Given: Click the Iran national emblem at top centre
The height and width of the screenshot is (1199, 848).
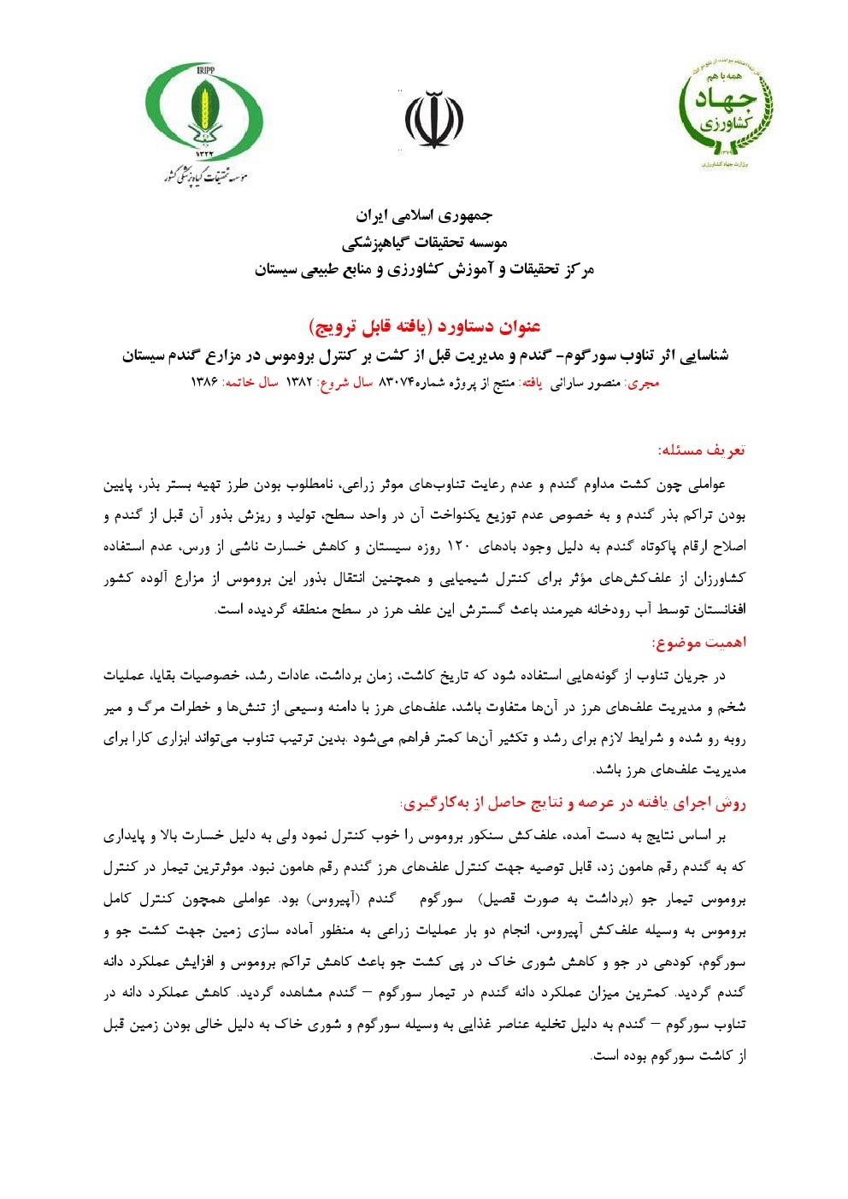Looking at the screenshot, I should point(433,120).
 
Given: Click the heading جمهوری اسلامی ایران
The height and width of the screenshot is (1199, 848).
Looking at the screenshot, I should point(424,215).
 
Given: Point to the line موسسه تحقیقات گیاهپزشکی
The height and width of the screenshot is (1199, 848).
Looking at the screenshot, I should point(424,243).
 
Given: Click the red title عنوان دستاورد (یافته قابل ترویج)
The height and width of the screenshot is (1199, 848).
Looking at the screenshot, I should point(424,326).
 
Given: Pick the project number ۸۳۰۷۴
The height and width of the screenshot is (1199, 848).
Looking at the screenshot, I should point(396,383).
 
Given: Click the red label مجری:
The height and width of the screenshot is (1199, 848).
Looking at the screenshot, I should point(642,383).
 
